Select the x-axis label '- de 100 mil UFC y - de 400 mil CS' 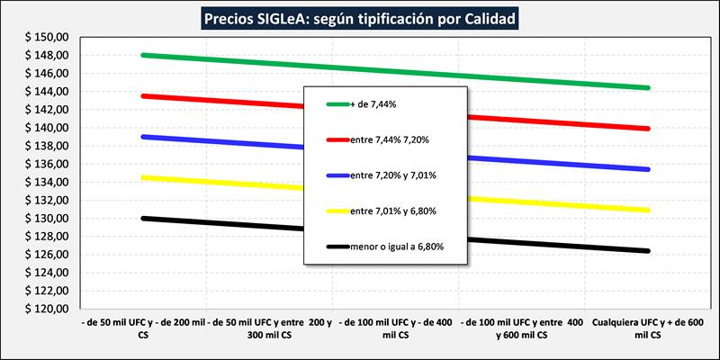396,328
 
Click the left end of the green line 144,55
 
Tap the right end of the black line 648,251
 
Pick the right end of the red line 648,129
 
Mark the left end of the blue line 144,137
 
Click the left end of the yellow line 144,177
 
